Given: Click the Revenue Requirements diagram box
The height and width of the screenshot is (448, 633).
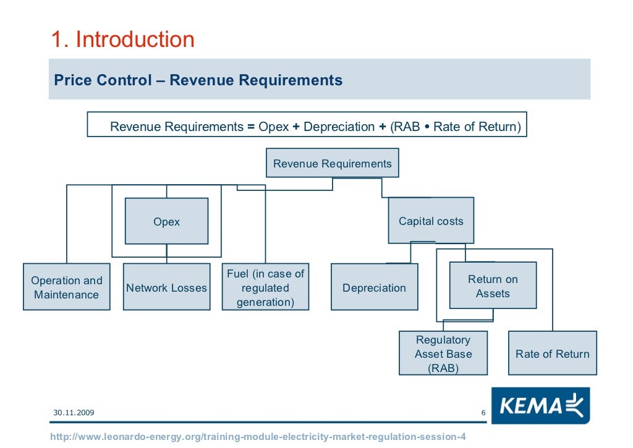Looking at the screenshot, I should point(333,164).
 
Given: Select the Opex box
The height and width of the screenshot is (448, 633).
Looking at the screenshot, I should point(166,221).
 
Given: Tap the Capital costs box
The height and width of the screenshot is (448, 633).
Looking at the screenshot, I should point(431,221).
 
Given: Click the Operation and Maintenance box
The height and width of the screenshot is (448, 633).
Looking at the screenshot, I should point(66,287).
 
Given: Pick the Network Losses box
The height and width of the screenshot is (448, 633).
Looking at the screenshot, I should point(166,287).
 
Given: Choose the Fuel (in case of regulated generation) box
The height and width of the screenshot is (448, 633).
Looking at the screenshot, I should point(265,287).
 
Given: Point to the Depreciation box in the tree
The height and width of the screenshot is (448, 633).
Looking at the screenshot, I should point(374,287).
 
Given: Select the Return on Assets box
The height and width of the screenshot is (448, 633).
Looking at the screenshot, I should point(493,285).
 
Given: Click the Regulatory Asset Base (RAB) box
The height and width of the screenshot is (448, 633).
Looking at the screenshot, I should point(443,353).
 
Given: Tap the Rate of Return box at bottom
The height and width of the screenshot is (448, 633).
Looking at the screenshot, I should point(552,353).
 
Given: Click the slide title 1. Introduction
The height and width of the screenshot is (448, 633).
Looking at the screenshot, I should point(122,40).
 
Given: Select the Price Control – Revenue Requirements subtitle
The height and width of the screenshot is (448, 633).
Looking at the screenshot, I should point(198,80).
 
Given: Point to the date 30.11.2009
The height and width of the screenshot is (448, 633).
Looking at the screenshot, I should point(74,412).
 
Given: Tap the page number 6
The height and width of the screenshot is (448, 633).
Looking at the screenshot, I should point(483,413).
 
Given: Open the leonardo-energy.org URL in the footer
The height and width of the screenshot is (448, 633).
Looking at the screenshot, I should point(258,437).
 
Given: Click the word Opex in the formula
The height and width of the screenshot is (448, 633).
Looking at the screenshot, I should point(274,127).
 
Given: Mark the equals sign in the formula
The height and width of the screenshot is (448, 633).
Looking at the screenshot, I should point(251,127).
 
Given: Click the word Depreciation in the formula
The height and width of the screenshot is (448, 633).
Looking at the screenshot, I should point(339,127).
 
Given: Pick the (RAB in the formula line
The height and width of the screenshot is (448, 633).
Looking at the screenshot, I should point(405,127).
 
